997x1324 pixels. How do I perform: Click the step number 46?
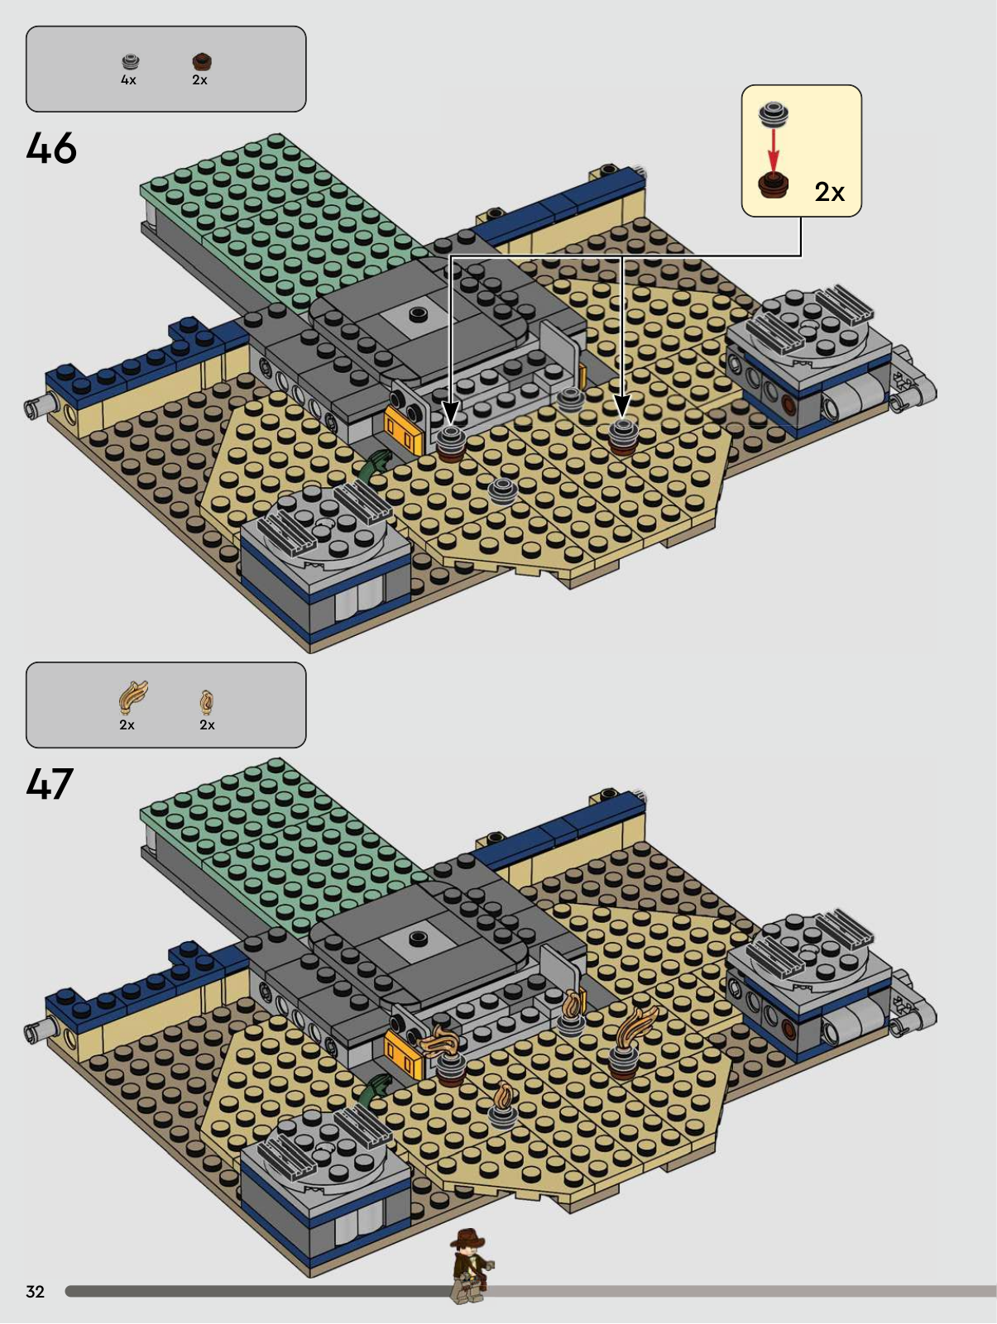tap(51, 148)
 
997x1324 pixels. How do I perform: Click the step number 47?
tap(50, 784)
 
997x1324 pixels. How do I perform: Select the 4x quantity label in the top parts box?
tap(128, 80)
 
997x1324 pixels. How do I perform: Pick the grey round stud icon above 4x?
tap(131, 61)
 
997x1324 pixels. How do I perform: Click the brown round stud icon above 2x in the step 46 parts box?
tap(202, 61)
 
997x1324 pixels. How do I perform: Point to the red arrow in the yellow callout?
tap(773, 150)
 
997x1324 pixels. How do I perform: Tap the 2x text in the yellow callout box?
tap(830, 192)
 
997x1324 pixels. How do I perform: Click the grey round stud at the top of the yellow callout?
tap(774, 114)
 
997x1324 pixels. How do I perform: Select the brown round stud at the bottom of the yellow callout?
tap(774, 185)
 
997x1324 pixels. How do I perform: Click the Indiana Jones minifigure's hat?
tap(467, 1238)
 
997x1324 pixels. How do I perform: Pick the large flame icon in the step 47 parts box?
tap(132, 697)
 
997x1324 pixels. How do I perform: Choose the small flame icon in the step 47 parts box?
tap(206, 701)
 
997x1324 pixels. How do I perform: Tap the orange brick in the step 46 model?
tap(401, 427)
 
